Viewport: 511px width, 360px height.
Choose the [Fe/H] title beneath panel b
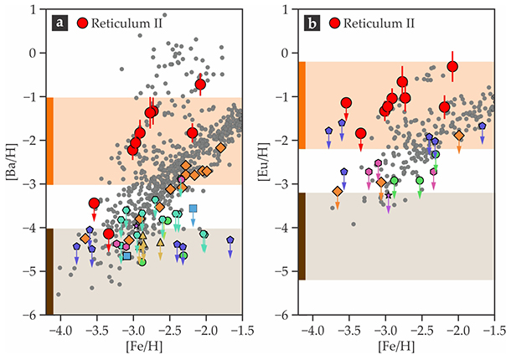pos(397,347)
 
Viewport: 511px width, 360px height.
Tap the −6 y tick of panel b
pos(287,315)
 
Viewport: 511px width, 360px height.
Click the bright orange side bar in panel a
pos(49,141)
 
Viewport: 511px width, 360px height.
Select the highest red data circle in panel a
pos(200,84)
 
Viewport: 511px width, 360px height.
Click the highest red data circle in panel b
pos(452,66)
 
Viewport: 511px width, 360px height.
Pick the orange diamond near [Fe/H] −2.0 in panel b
pos(459,135)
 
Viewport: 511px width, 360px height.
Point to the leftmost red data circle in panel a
pos(94,203)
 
